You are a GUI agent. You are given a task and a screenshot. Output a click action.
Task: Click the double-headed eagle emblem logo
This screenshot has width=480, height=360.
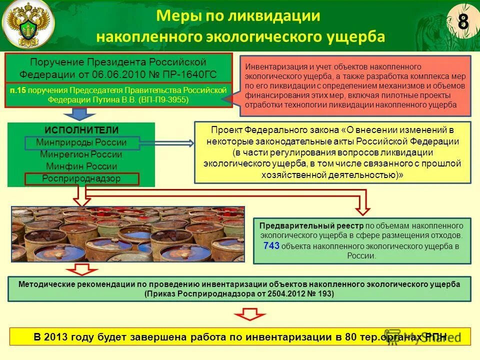pyautogui.click(x=28, y=25)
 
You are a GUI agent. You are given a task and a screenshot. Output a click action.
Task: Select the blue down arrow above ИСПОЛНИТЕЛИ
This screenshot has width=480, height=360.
pyautogui.click(x=76, y=114)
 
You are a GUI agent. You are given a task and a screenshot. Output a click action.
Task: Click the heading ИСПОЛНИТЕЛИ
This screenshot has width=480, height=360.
pyautogui.click(x=81, y=130)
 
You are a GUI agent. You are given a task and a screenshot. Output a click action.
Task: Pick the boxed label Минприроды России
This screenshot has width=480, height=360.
pyautogui.click(x=81, y=142)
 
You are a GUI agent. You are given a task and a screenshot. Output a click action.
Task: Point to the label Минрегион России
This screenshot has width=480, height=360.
pyautogui.click(x=81, y=154)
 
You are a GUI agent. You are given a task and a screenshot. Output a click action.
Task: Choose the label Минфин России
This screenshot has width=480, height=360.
pyautogui.click(x=81, y=166)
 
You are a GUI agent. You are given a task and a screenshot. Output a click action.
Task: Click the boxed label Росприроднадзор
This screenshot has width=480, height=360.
pyautogui.click(x=81, y=178)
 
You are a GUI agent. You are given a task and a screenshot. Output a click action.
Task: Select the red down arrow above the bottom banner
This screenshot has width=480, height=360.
pyautogui.click(x=250, y=314)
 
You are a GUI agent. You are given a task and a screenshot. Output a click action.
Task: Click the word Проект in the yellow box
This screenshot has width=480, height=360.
pyautogui.click(x=224, y=129)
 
